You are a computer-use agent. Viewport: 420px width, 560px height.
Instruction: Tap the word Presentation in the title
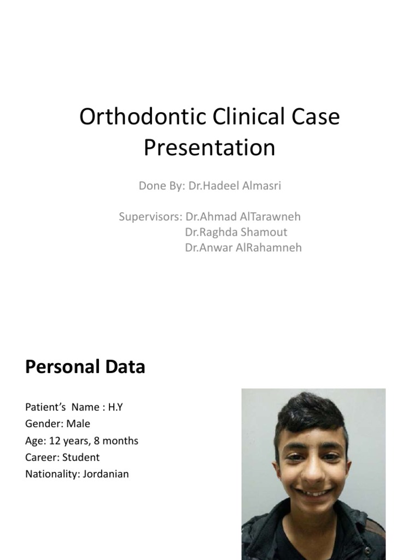(x=209, y=148)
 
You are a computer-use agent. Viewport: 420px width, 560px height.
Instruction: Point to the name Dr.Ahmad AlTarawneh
(x=243, y=217)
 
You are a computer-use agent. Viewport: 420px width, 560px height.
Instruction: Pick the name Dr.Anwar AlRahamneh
(x=243, y=248)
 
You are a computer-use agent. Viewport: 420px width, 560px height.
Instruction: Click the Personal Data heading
(x=85, y=367)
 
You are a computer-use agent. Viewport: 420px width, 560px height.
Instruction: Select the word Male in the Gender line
(x=79, y=424)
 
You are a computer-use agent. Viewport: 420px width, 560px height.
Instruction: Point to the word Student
(x=81, y=457)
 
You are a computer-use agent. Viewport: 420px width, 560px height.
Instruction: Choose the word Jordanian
(x=106, y=474)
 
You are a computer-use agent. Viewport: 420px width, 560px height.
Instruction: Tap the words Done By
(x=161, y=186)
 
